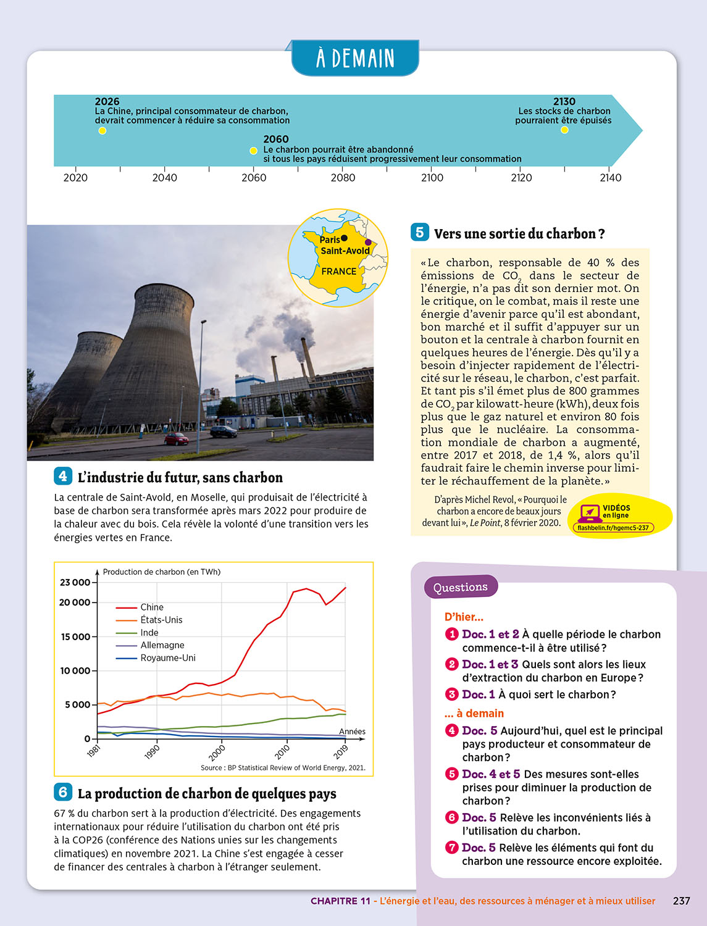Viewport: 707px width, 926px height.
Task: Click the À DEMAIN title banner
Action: point(355,58)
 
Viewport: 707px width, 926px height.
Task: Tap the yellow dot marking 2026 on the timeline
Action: point(102,131)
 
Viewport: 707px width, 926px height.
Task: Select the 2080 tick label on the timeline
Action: point(343,178)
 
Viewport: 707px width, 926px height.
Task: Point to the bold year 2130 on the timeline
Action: point(564,101)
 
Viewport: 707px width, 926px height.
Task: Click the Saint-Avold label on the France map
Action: point(345,251)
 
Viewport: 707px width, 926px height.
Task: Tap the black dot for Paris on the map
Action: point(345,238)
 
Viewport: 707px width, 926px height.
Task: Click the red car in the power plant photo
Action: point(177,439)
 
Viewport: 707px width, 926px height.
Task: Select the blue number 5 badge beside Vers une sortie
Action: point(419,232)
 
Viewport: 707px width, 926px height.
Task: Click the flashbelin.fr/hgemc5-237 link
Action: point(613,528)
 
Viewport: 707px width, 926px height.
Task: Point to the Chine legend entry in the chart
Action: point(152,607)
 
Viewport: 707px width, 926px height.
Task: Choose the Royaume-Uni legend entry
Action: point(168,658)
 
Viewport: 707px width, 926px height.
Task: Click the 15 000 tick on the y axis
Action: point(75,637)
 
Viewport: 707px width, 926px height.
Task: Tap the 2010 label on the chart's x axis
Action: point(282,752)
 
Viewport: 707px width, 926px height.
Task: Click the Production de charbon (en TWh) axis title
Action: point(162,572)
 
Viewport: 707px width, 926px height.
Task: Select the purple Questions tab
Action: point(461,587)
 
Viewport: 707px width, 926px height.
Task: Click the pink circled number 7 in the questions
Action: point(451,848)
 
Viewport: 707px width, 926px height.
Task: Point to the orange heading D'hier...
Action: point(464,617)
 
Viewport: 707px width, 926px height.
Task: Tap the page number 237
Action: point(681,901)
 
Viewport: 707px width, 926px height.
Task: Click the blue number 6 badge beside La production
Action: point(63,792)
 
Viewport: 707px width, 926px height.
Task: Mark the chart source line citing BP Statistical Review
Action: point(283,768)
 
